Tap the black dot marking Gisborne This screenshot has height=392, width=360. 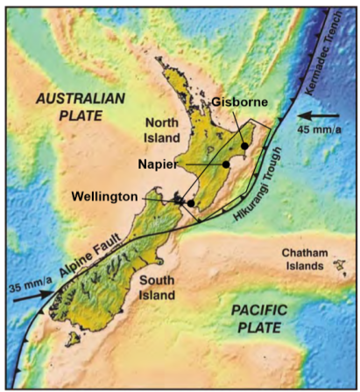pyautogui.click(x=245, y=145)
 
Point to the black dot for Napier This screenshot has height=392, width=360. pyautogui.click(x=226, y=164)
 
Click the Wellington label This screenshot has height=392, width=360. pyautogui.click(x=104, y=198)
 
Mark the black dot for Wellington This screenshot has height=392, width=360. pyautogui.click(x=191, y=201)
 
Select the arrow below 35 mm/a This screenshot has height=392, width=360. pyautogui.click(x=32, y=295)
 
